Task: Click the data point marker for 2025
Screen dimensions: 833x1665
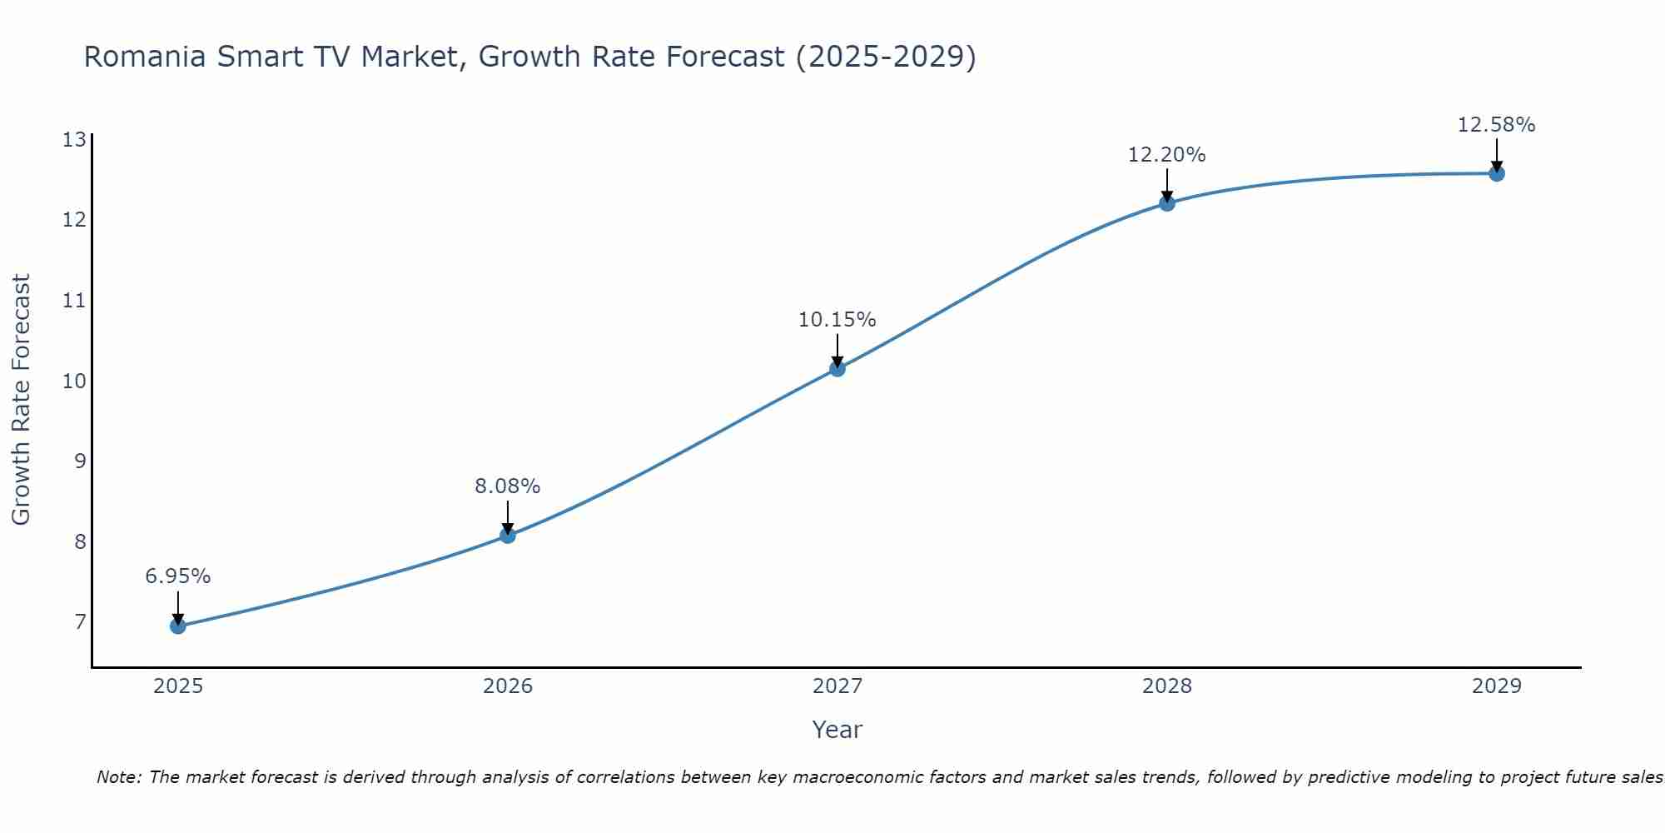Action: click(178, 626)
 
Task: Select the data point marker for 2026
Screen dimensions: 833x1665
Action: click(508, 535)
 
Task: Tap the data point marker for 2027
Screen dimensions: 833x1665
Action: click(837, 368)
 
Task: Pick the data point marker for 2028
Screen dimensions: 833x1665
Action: click(1167, 202)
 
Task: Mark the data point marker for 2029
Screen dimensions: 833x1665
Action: click(1497, 173)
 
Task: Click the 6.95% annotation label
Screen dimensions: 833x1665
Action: click(178, 576)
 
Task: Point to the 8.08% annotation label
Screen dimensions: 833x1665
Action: click(508, 486)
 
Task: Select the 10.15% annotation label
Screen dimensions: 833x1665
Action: click(837, 320)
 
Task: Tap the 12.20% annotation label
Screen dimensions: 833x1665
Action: click(1167, 155)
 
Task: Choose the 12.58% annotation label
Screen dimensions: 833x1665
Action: click(1497, 125)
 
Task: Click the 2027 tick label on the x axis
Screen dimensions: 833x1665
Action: click(837, 686)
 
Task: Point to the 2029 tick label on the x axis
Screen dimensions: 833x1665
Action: click(1497, 686)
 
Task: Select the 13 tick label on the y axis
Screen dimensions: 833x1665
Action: click(74, 139)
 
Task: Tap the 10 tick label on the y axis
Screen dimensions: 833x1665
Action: click(74, 381)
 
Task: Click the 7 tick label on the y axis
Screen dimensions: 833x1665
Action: click(80, 622)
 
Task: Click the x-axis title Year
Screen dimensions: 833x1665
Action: click(837, 730)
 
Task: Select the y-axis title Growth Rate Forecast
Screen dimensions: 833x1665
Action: click(22, 400)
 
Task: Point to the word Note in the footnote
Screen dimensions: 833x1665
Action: click(118, 777)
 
